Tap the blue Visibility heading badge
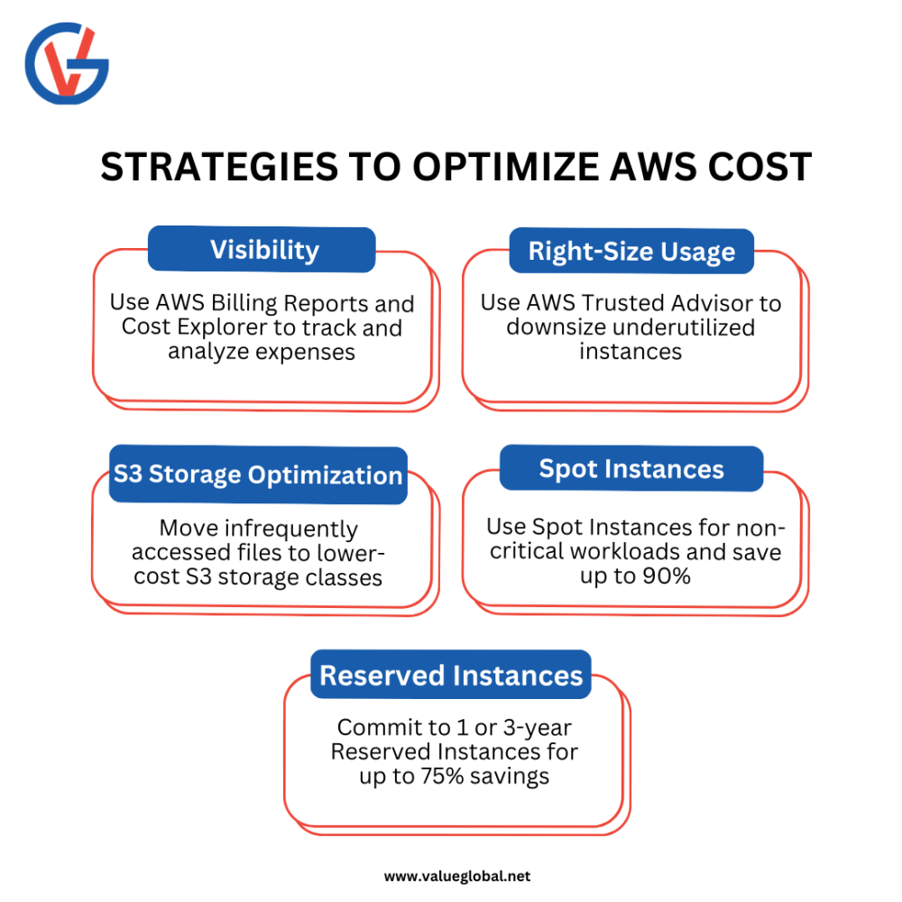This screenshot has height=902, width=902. (262, 250)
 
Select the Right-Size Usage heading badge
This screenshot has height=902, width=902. (631, 251)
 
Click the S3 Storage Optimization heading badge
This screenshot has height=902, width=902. (258, 474)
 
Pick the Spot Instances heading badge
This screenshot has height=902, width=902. (631, 469)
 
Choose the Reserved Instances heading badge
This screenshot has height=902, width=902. (451, 675)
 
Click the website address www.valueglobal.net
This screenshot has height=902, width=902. (457, 876)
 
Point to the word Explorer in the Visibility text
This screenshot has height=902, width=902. (222, 327)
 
